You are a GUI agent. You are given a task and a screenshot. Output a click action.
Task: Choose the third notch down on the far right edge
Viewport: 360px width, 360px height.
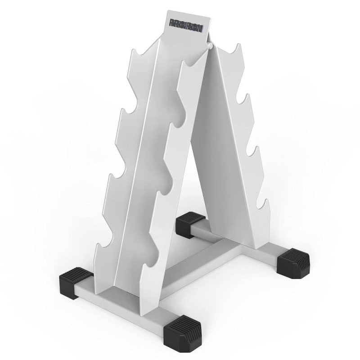tap(253, 151)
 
